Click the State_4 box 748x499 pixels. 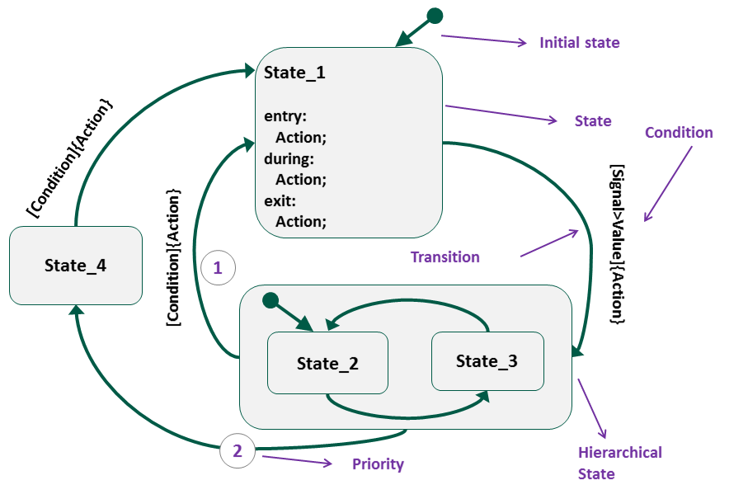(75, 266)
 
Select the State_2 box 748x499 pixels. (327, 363)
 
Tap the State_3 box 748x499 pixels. (487, 361)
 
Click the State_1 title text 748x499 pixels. (294, 73)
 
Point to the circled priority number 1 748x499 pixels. (218, 267)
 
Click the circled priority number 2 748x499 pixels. (238, 450)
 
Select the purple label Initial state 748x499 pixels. (579, 42)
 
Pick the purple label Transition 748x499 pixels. (445, 257)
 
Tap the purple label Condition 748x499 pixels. (679, 133)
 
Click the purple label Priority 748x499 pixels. (378, 464)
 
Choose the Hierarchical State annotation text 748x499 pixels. (619, 463)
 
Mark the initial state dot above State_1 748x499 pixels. (435, 16)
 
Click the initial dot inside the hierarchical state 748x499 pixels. (269, 300)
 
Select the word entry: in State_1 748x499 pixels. (285, 116)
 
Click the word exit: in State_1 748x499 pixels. (280, 200)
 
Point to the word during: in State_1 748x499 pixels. (289, 158)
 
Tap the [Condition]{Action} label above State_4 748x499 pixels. (69, 158)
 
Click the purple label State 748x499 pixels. (593, 121)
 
